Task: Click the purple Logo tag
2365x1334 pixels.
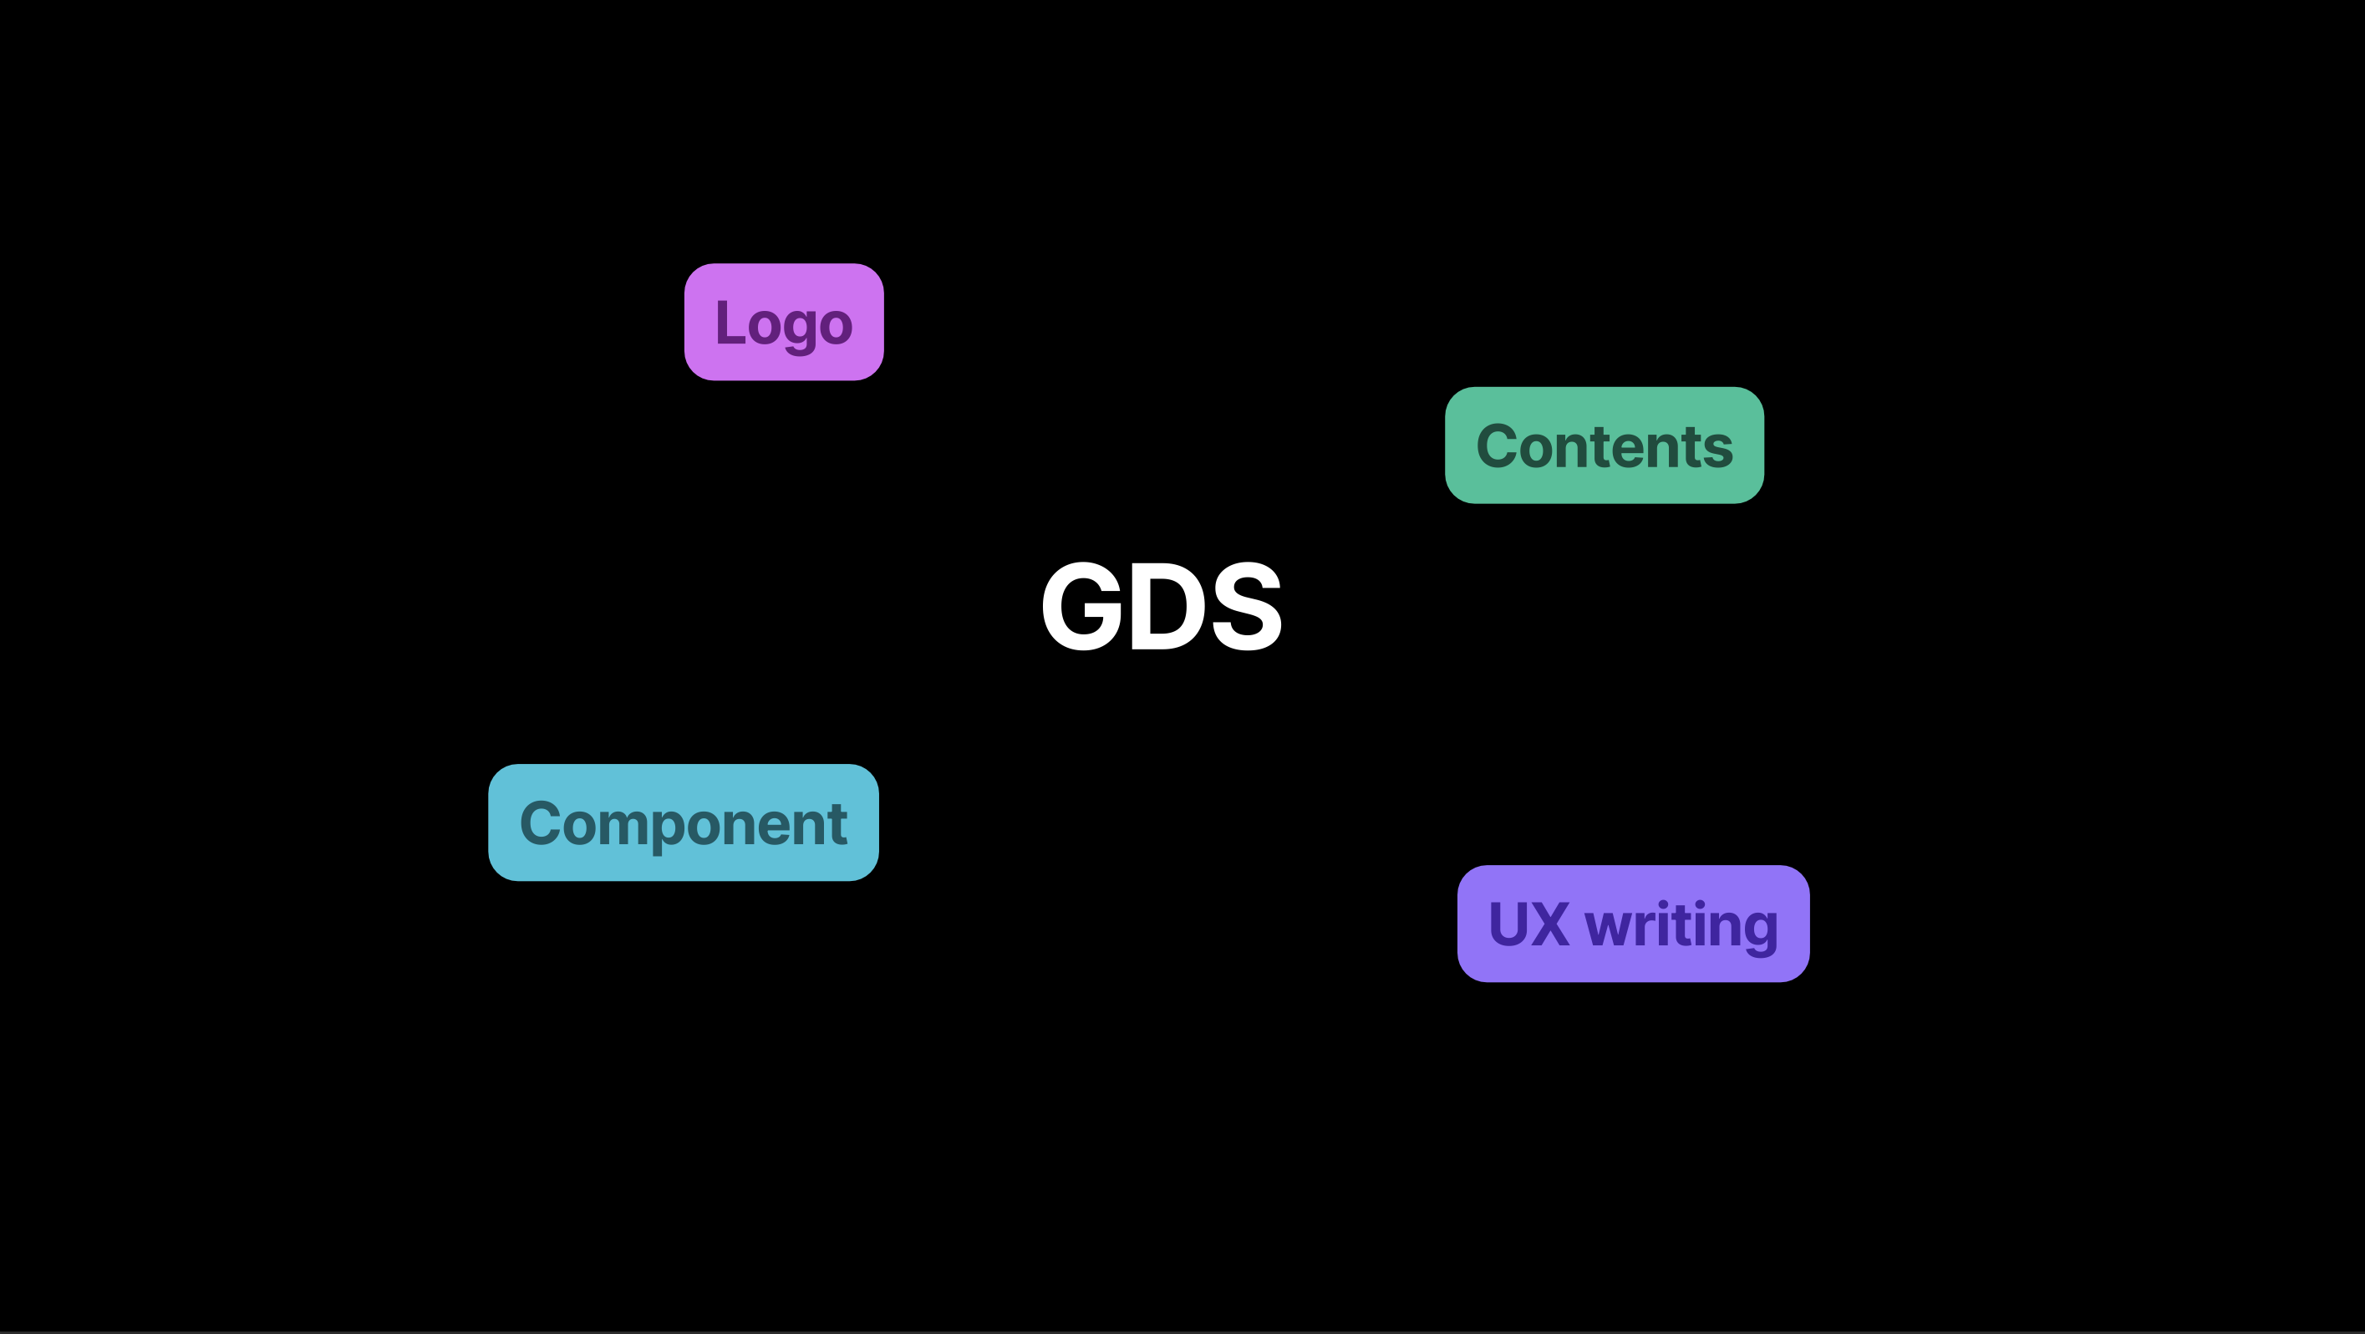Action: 783,321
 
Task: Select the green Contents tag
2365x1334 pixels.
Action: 1603,446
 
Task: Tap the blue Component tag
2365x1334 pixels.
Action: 683,822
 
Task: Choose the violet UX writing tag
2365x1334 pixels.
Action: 1632,924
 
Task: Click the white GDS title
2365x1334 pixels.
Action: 1161,607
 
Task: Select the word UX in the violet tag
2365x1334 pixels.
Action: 1528,924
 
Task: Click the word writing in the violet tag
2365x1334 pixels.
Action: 1681,925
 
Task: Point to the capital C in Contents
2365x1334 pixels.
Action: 1497,446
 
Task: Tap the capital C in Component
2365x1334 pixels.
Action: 540,822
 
